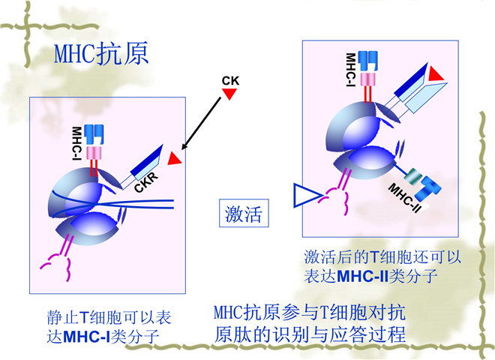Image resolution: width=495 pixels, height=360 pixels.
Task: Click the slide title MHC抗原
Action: click(102, 54)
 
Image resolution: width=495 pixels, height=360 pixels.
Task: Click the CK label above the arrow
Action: click(230, 79)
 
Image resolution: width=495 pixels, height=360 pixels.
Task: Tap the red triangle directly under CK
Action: click(230, 94)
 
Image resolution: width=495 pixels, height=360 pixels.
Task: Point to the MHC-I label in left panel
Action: click(76, 142)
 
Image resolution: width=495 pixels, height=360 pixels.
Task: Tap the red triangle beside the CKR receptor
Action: click(175, 159)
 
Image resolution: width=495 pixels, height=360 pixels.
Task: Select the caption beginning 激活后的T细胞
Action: click(382, 265)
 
